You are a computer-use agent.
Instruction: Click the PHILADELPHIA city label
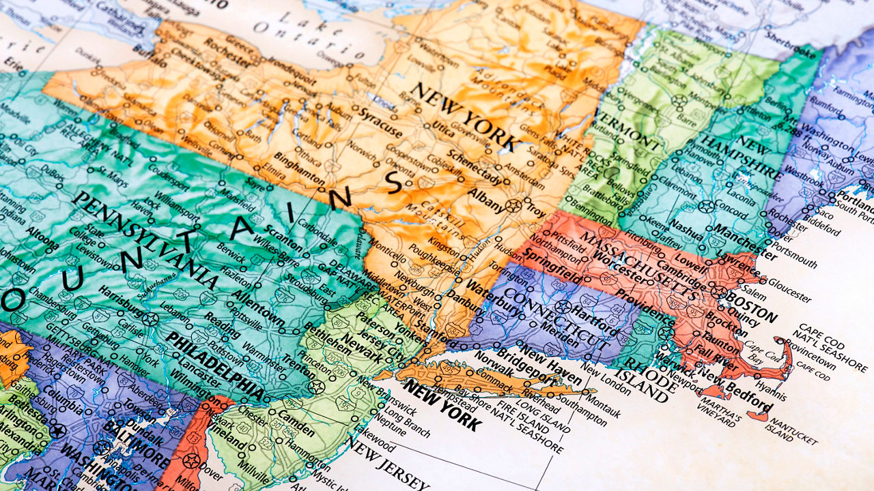[x=215, y=366]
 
